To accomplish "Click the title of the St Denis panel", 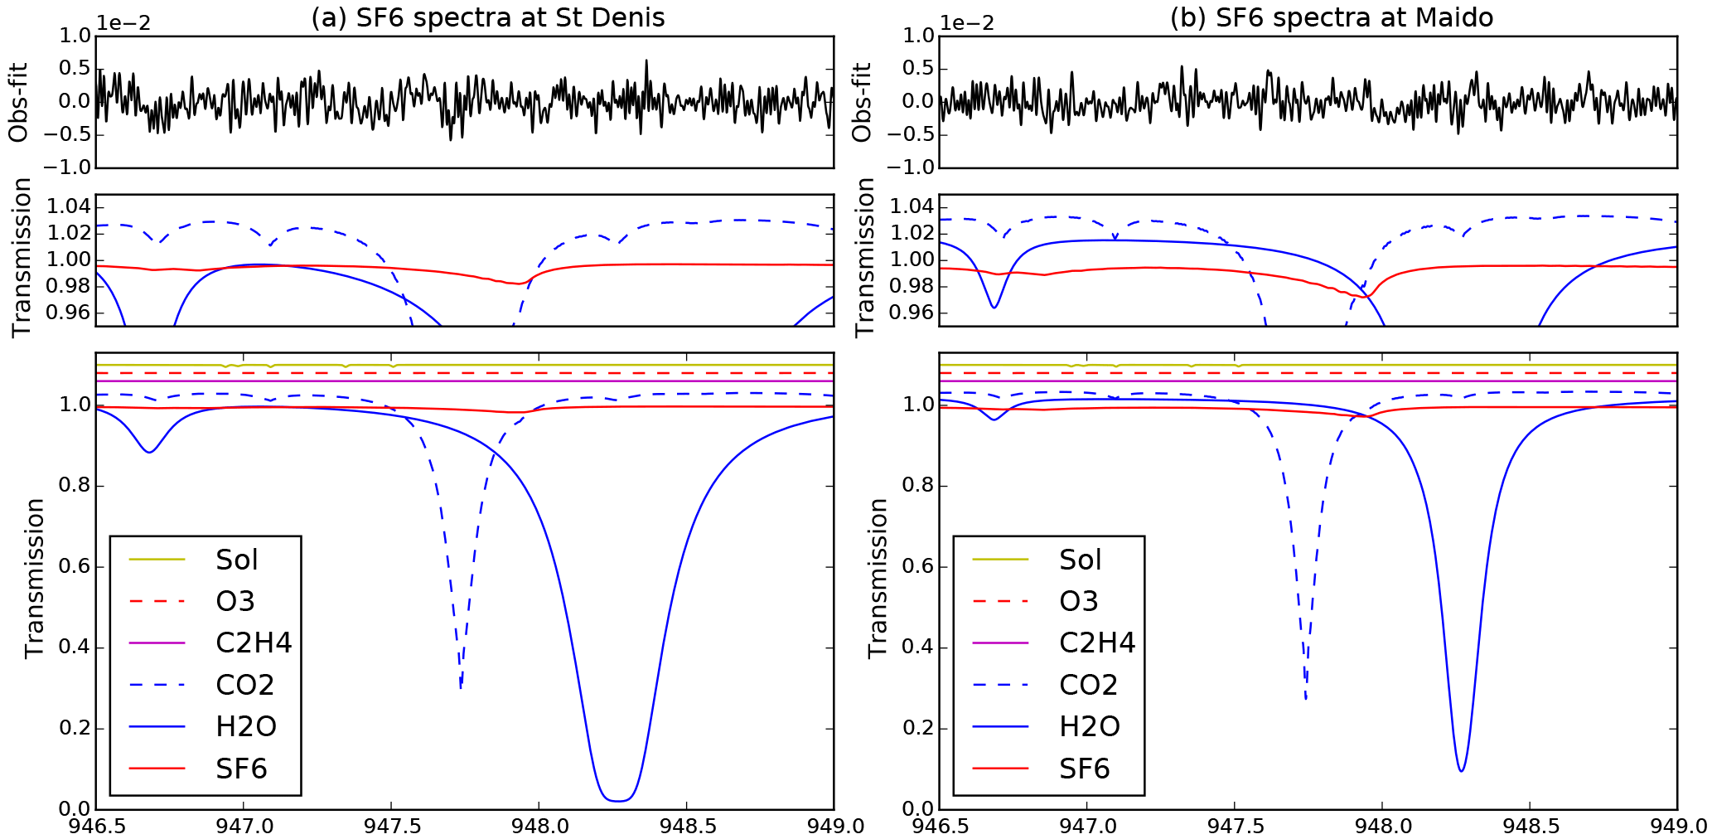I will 487,17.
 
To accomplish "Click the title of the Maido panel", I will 1331,17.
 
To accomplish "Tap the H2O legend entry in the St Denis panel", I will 245,726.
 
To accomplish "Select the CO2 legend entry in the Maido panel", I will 1088,685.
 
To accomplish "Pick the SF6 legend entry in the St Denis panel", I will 241,769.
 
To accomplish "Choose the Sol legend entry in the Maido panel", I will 1080,560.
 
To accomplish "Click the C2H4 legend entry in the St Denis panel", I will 254,643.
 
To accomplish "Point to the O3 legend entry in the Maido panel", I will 1078,601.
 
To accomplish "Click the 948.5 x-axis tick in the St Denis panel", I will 686,827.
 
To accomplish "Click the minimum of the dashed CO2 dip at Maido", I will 1306,699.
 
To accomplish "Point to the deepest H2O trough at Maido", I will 1461,771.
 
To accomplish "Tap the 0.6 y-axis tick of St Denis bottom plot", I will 73,567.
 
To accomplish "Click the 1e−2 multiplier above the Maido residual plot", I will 967,23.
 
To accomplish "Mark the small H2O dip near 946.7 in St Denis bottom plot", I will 149,452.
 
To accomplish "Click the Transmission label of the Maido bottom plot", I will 878,578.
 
